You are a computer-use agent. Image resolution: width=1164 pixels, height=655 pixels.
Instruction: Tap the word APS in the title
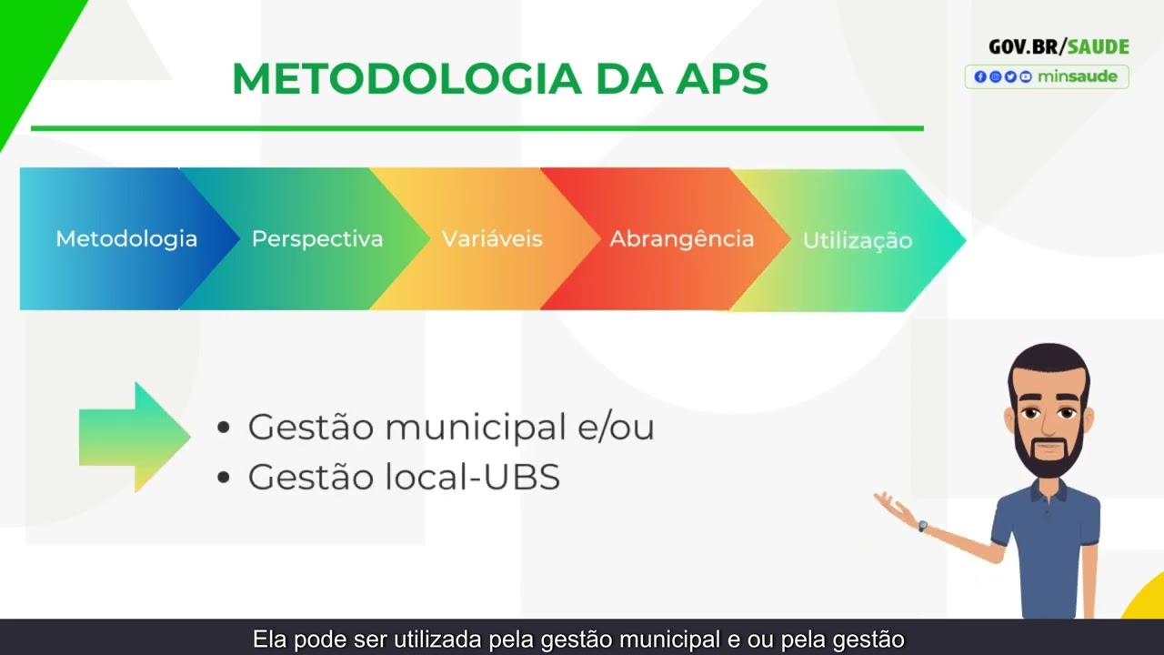click(x=722, y=80)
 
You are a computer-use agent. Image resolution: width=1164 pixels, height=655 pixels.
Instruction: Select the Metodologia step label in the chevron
click(x=126, y=239)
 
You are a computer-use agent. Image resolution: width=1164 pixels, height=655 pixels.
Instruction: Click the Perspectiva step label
click(x=317, y=239)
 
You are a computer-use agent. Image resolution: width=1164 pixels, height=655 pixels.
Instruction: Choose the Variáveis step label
click(x=492, y=239)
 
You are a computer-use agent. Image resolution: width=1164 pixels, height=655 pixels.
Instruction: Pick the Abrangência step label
click(x=681, y=239)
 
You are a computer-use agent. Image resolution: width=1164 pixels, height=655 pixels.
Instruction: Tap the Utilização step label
click(x=857, y=241)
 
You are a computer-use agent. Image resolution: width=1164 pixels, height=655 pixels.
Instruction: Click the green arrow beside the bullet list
click(x=135, y=437)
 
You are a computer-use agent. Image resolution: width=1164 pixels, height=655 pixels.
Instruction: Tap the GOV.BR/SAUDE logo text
click(x=1059, y=47)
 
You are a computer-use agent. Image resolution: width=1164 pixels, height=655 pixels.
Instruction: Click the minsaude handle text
click(x=1077, y=76)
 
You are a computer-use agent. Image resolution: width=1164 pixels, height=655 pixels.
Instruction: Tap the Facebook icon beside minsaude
click(x=979, y=77)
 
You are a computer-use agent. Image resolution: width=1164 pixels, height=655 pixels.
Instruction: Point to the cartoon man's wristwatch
click(x=923, y=526)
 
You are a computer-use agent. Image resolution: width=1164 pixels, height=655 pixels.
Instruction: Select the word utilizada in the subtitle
click(x=437, y=640)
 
